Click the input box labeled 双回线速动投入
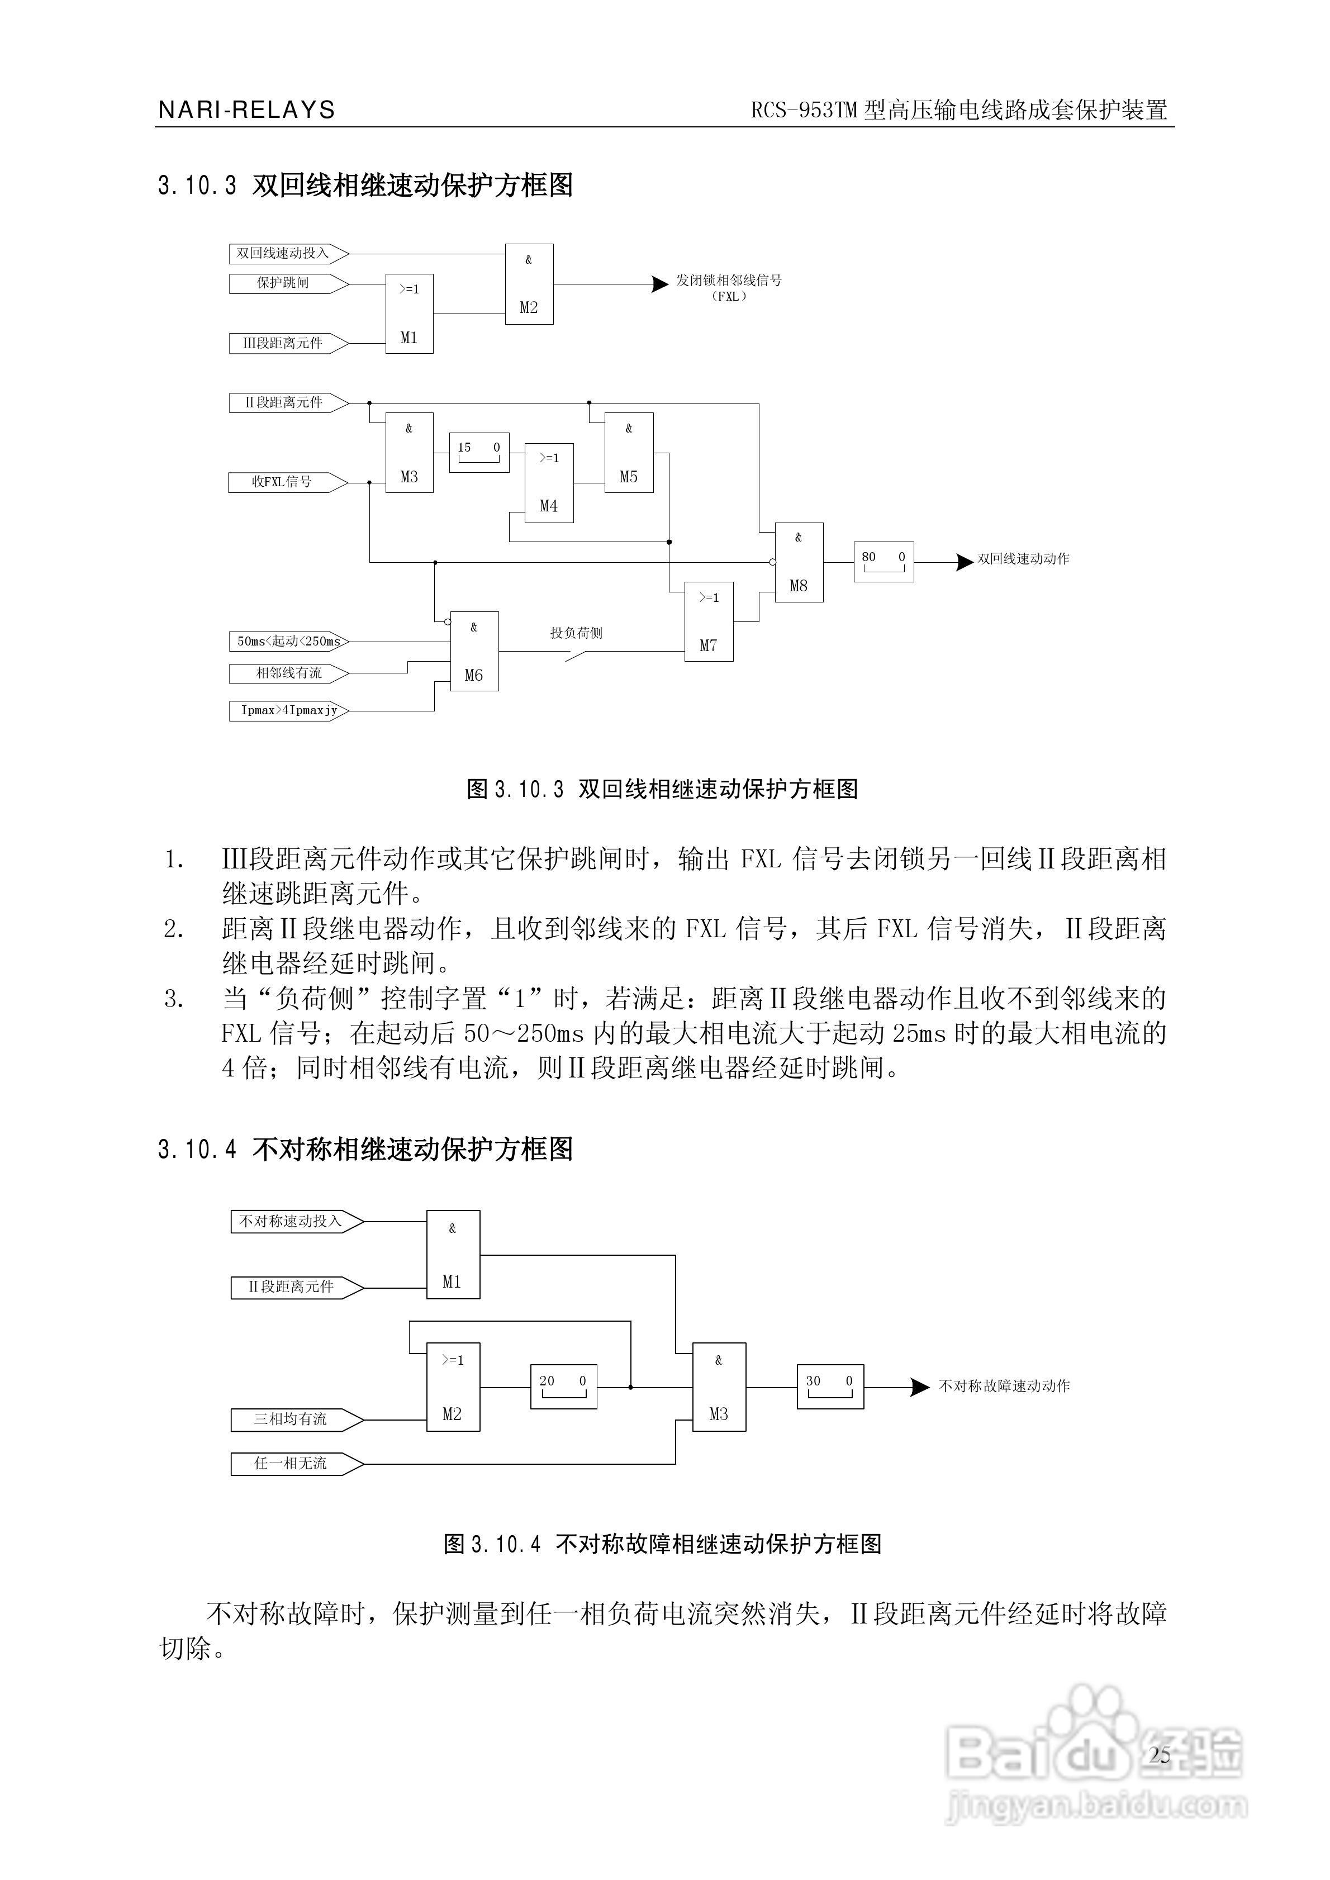[x=283, y=254]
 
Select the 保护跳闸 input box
[x=283, y=283]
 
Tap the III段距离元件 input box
[x=283, y=343]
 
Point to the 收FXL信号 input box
[x=283, y=482]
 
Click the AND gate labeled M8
[x=799, y=563]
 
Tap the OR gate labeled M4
[x=549, y=483]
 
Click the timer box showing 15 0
[x=479, y=453]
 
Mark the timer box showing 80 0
[x=883, y=562]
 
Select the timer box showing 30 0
[x=830, y=1387]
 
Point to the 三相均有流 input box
[x=290, y=1419]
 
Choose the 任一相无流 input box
[x=290, y=1463]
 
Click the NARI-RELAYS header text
[x=246, y=110]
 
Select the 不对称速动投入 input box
[x=290, y=1222]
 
